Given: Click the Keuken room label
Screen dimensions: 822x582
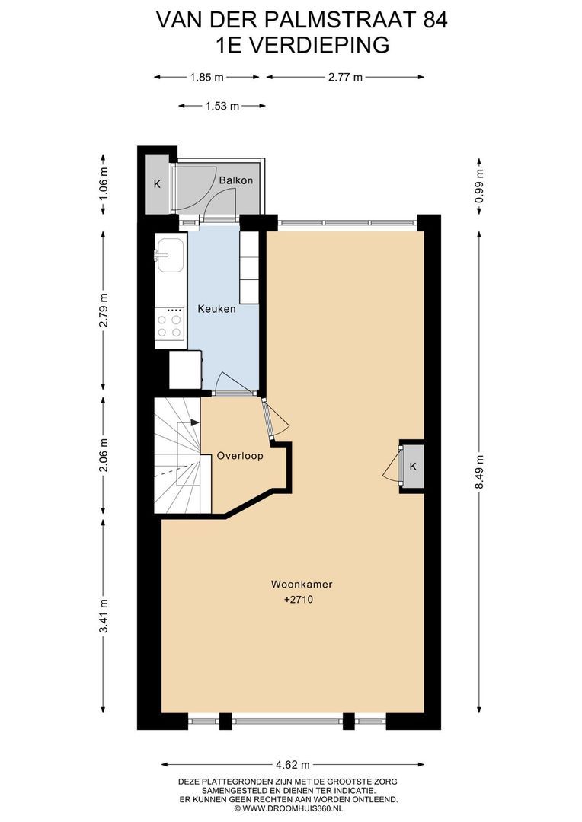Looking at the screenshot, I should pos(216,309).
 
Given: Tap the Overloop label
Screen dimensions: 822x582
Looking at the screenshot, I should pos(239,457).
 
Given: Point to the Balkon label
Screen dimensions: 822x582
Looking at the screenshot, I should pos(235,181).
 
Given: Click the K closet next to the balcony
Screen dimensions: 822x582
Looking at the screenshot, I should pos(157,184).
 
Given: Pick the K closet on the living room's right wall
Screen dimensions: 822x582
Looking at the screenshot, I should pos(412,466).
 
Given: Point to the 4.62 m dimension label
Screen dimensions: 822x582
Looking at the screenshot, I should pos(293,764).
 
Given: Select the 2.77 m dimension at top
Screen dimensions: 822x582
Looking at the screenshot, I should pos(344,77).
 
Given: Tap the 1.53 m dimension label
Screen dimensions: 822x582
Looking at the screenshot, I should pos(222,106).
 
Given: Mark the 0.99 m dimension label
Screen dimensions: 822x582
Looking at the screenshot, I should pos(479,185).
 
